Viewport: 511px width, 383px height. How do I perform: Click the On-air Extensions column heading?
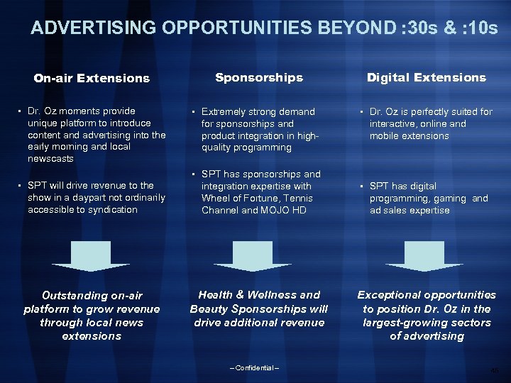pyautogui.click(x=92, y=78)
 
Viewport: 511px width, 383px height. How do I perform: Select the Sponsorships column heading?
pyautogui.click(x=258, y=77)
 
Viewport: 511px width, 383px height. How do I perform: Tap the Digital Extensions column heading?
pyautogui.click(x=426, y=77)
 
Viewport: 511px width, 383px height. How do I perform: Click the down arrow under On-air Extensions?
pyautogui.click(x=92, y=256)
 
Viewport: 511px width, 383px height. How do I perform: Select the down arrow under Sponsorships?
pyautogui.click(x=258, y=256)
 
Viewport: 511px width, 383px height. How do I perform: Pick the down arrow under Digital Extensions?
pyautogui.click(x=426, y=256)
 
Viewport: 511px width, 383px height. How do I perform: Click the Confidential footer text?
pyautogui.click(x=255, y=367)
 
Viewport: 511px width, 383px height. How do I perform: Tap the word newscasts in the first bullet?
pyautogui.click(x=50, y=158)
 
